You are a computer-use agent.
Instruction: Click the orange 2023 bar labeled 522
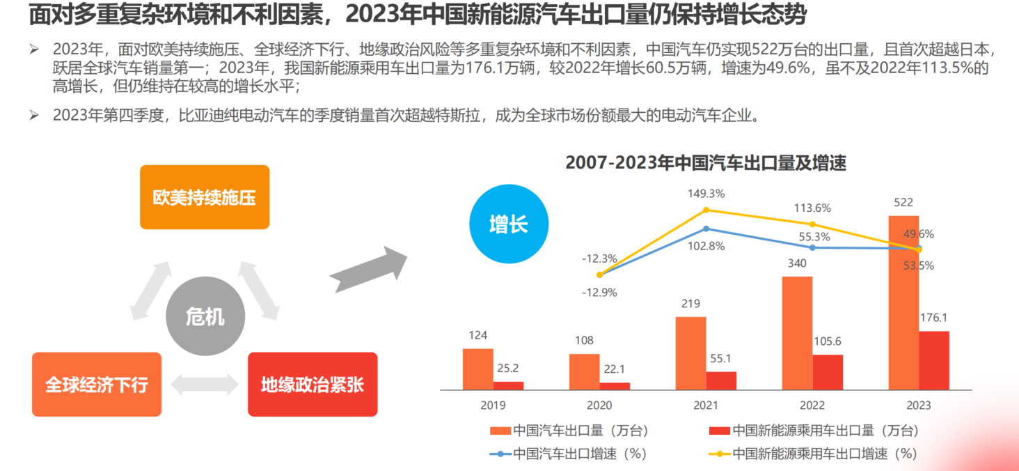(x=903, y=302)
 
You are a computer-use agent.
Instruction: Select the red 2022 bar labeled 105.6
(x=828, y=372)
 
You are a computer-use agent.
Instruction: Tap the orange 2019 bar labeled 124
(x=477, y=369)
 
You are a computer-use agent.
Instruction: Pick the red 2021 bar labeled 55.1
(x=721, y=380)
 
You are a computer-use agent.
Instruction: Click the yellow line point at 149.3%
(x=706, y=210)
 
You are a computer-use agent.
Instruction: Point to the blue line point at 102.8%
(x=706, y=229)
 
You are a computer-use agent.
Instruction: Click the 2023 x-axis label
(x=919, y=406)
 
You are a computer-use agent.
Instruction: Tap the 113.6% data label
(x=813, y=208)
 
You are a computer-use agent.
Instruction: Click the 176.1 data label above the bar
(x=933, y=318)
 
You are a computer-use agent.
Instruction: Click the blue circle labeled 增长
(x=509, y=224)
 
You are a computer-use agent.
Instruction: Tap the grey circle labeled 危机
(x=205, y=318)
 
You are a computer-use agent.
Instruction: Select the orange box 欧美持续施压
(x=205, y=197)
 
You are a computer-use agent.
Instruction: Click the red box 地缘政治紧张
(x=313, y=385)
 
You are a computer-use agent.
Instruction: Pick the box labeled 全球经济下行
(x=97, y=385)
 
